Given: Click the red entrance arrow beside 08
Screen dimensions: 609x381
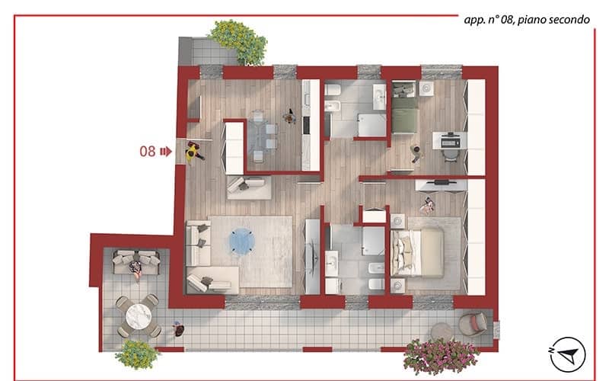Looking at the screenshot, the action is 166,151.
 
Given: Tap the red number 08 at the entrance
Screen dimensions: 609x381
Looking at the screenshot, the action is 148,151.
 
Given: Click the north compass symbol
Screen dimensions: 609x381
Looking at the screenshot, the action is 568,354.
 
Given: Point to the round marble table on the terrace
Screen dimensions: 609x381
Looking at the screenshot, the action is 139,316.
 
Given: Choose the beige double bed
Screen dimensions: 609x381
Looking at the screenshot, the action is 417,253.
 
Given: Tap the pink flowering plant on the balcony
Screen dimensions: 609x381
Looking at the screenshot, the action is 441,356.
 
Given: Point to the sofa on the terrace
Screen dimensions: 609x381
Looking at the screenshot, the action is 136,262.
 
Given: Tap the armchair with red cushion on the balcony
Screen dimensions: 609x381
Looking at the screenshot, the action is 473,324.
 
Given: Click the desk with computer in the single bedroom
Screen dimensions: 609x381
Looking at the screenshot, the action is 449,140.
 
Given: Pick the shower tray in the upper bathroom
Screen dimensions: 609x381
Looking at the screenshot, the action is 371,124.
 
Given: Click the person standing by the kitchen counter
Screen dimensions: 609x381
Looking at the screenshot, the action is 289,116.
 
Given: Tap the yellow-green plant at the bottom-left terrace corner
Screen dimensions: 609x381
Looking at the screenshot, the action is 137,354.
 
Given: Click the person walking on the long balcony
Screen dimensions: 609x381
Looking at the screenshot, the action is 178,329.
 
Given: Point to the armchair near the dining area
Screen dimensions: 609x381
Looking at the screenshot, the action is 249,186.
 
